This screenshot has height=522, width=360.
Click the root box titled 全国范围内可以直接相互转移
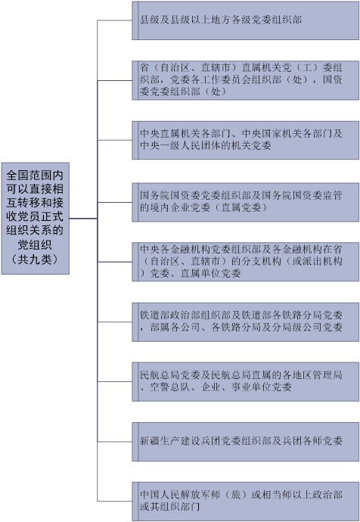pos(36,219)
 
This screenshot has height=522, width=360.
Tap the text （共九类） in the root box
pos(35,259)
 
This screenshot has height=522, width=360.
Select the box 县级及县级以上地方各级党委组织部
pos(246,20)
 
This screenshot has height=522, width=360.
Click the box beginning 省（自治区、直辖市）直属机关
pos(246,80)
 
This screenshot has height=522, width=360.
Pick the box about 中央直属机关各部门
pos(246,140)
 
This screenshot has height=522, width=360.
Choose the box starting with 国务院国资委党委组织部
pos(246,202)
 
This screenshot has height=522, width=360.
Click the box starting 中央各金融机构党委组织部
pos(246,262)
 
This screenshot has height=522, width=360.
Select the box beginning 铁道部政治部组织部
pos(246,322)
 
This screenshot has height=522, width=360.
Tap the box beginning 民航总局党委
pos(246,382)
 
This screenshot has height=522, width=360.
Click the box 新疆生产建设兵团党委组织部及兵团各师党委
pos(246,442)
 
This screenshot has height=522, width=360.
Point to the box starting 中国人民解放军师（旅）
pos(246,502)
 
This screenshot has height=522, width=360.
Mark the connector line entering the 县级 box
pos(115,20)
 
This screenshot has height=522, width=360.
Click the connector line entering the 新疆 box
pos(115,442)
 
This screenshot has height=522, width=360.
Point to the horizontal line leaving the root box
pos(83,219)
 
